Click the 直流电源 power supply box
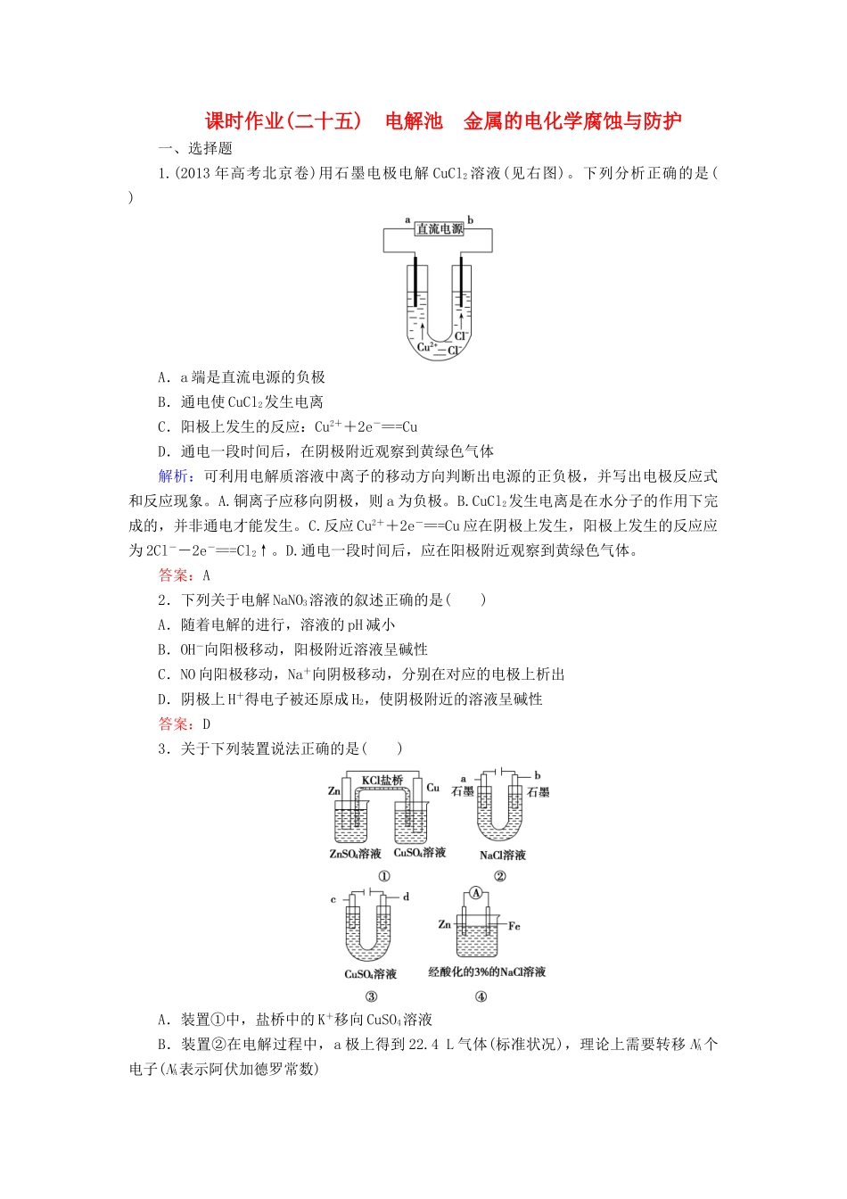[440, 229]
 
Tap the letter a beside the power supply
[407, 219]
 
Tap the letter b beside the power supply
[471, 219]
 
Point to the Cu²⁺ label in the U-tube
[427, 346]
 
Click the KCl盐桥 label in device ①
[382, 780]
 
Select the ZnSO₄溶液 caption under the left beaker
[355, 854]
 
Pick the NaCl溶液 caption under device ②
[503, 855]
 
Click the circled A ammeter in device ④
[476, 893]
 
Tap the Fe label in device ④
[514, 926]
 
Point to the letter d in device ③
[406, 897]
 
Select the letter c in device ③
[333, 899]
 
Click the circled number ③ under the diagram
[372, 996]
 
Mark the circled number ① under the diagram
[384, 876]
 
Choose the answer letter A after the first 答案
[206, 575]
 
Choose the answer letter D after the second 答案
[206, 724]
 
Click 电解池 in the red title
[414, 121]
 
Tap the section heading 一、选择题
[195, 149]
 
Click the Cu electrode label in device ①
[433, 788]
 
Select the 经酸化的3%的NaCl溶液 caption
[487, 972]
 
